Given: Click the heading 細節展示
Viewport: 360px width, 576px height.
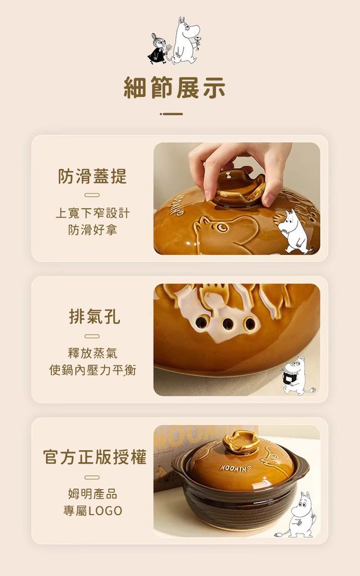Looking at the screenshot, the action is tap(175, 88).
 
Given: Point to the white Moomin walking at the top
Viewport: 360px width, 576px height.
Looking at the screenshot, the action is tap(186, 40).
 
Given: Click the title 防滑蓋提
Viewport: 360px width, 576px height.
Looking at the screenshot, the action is tap(92, 176).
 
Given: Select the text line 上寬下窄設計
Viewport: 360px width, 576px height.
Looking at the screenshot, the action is tap(93, 213).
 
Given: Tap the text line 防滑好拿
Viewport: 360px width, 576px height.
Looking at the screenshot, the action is tap(93, 230).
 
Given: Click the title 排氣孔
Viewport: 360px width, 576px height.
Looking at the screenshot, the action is tap(94, 317).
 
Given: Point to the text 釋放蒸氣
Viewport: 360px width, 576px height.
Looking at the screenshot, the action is tap(93, 353).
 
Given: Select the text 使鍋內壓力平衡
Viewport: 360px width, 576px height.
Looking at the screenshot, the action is tap(93, 370).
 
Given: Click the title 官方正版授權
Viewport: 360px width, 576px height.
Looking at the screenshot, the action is tap(95, 457).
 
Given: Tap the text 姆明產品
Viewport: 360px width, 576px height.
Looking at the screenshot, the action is tap(93, 494).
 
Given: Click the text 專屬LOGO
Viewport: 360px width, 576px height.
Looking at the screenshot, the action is tap(93, 510).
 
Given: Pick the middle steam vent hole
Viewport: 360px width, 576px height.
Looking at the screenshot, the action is tap(228, 323).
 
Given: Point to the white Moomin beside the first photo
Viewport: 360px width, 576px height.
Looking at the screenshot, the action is tap(294, 231).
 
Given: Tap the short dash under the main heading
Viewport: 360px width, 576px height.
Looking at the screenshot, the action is tap(172, 114).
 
